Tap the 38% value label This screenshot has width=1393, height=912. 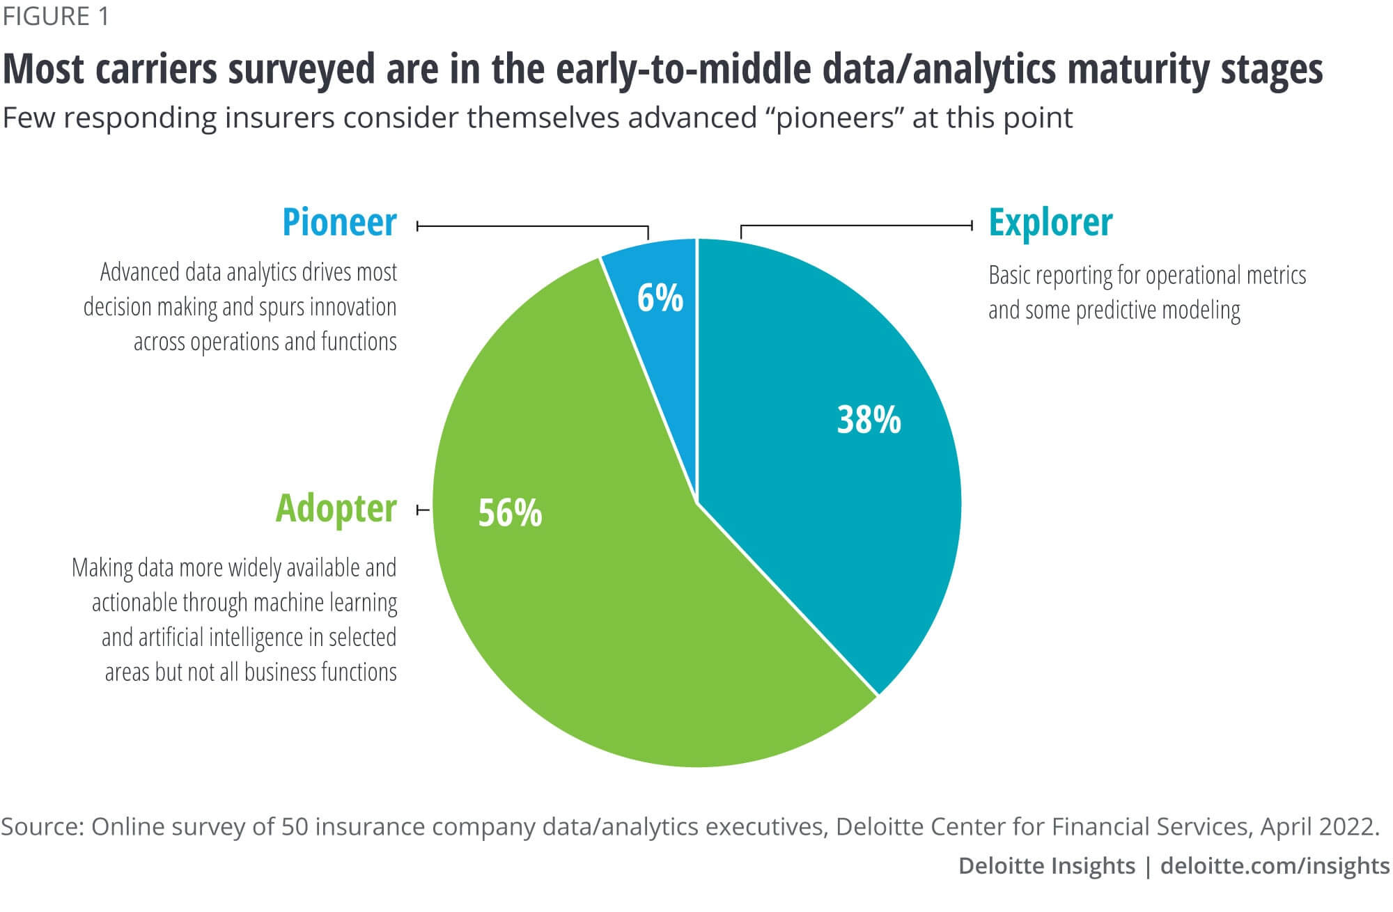point(869,420)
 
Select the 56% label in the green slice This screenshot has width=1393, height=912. point(510,513)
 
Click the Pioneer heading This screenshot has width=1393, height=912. point(339,223)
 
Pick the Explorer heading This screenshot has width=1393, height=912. point(1050,223)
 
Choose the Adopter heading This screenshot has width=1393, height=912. point(336,508)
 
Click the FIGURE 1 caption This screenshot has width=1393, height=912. point(56,17)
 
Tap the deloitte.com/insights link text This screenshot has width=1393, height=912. point(1275,865)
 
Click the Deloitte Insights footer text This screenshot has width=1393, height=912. point(1046,865)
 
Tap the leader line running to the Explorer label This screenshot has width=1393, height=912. point(857,226)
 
